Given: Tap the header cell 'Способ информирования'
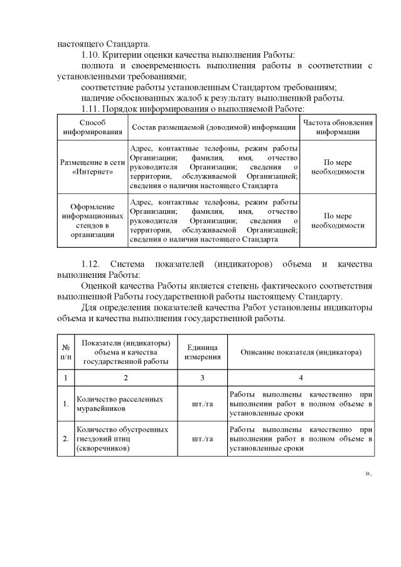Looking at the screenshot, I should pyautogui.click(x=92, y=127).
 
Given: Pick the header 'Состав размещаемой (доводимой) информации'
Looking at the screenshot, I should pyautogui.click(x=213, y=127).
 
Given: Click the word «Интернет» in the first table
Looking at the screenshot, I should pyautogui.click(x=92, y=171).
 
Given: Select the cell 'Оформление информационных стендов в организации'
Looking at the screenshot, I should pyautogui.click(x=92, y=221).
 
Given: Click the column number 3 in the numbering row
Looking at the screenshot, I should pyautogui.click(x=203, y=378).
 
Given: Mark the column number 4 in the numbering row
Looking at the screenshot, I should pyautogui.click(x=301, y=378).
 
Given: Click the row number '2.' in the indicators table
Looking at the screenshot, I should pyautogui.click(x=66, y=439).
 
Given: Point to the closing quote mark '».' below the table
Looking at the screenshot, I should pyautogui.click(x=368, y=474).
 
